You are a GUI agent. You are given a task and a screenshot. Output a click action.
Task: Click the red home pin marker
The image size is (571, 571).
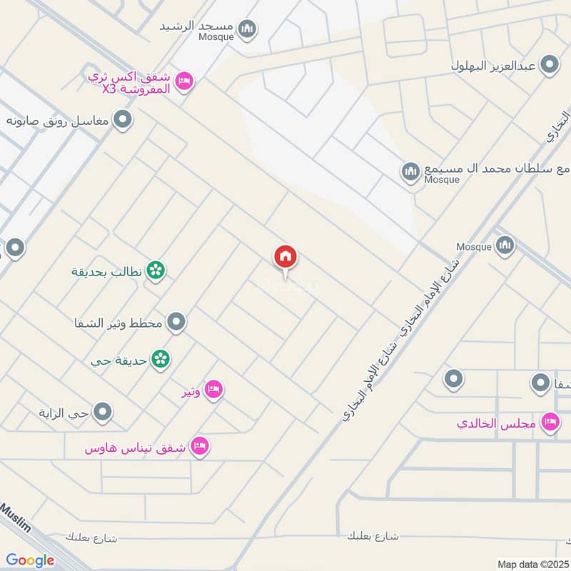tap(285, 257)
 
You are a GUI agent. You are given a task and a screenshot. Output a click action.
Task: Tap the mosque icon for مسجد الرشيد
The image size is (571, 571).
tap(248, 29)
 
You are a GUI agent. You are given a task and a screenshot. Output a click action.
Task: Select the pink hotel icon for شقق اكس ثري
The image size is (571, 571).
tap(183, 81)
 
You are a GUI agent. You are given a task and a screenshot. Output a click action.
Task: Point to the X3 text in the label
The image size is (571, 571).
tap(108, 89)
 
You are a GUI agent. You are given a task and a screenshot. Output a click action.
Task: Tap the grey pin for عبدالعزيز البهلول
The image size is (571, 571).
tap(549, 66)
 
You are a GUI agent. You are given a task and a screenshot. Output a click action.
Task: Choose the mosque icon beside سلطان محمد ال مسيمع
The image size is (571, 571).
tap(410, 171)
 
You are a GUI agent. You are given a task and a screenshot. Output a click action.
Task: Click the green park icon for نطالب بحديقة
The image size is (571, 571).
tap(156, 271)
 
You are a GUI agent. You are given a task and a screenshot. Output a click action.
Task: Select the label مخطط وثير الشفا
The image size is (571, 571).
tap(118, 323)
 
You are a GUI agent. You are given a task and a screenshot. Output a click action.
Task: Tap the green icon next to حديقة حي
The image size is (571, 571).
tap(161, 359)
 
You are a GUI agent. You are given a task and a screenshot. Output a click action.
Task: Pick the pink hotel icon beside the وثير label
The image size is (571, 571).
tap(213, 390)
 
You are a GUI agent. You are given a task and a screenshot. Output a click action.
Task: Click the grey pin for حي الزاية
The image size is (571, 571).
tap(103, 412)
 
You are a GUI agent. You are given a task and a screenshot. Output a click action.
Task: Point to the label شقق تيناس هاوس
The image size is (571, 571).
tap(136, 448)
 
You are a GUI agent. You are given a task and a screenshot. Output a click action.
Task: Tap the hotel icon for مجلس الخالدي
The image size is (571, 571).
tap(550, 423)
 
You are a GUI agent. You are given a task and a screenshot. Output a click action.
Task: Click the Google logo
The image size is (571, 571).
tap(30, 560)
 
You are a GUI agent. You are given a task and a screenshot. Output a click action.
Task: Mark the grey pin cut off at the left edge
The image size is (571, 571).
tap(14, 248)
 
